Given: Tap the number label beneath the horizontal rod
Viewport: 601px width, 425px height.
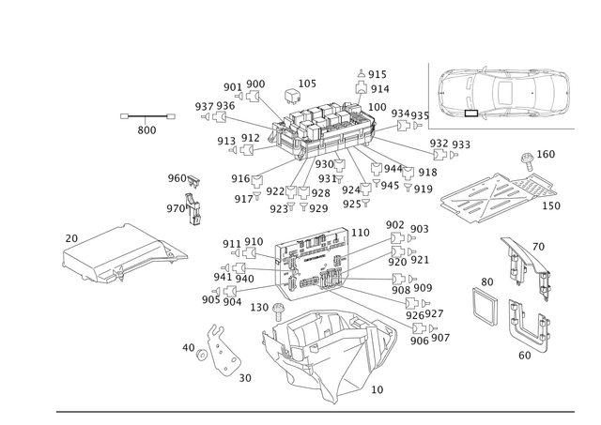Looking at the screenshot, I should [x=146, y=130].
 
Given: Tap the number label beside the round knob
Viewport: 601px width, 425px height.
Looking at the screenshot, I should [x=547, y=152].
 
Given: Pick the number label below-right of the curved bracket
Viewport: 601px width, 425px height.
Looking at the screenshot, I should [x=245, y=378].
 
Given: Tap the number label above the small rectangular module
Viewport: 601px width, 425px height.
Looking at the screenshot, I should [x=486, y=280].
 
